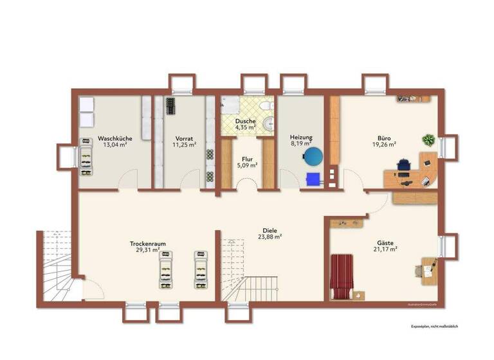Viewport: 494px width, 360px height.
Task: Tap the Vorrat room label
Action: coord(184,138)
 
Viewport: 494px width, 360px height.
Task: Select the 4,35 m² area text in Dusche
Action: coord(245,127)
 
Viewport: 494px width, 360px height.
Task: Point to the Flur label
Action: coord(247,159)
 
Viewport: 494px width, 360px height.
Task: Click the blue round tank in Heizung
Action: coord(314,156)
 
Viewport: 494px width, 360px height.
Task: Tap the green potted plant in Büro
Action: coord(428,139)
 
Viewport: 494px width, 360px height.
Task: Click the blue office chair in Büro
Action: coord(403,165)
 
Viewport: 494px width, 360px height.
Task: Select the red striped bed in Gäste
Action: coord(342,276)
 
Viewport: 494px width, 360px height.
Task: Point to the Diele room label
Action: coord(270,230)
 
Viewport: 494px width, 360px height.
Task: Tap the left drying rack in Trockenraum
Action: coord(166,268)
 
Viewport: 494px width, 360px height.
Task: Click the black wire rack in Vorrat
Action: coord(170,105)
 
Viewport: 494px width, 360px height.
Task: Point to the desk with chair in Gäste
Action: coord(427,269)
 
